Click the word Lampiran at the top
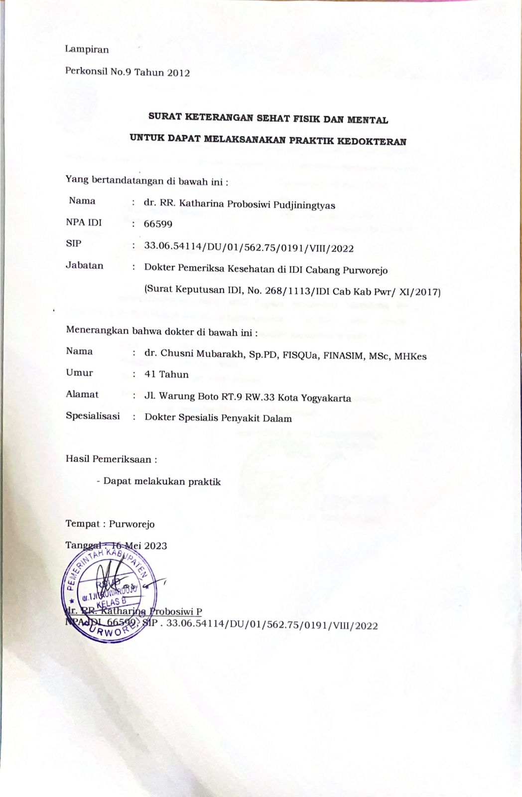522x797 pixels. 87,49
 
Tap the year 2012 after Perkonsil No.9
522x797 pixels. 178,73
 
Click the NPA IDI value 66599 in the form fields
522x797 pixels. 158,224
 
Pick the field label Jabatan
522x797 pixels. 85,266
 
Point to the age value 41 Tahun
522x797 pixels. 166,375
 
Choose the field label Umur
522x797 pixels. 79,373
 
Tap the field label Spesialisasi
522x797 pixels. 93,416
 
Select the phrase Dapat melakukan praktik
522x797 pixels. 162,482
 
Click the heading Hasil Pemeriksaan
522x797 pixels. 111,459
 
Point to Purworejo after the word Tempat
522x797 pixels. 131,524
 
